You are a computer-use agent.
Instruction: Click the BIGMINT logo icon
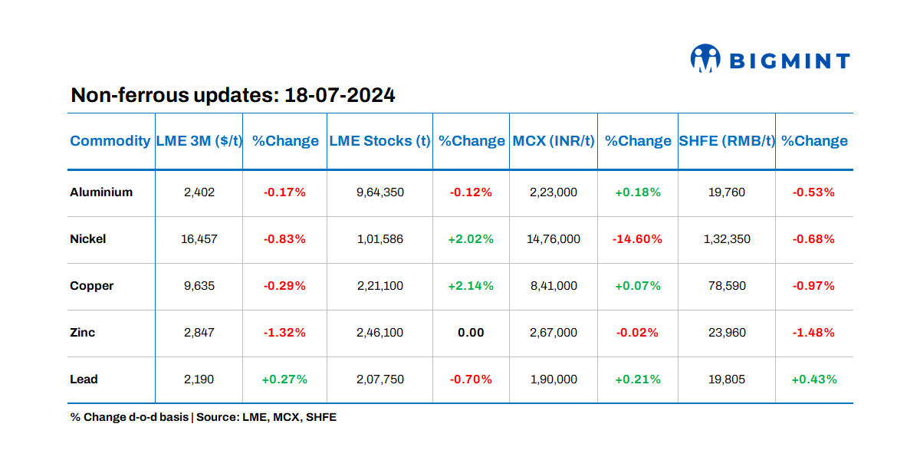705,59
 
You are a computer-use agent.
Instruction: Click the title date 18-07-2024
340,96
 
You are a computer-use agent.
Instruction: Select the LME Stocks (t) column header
379,141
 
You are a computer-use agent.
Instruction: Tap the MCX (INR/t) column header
553,141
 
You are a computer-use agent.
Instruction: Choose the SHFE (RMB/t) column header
726,141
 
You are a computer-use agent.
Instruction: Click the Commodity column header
110,141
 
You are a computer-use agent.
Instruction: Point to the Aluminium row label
101,192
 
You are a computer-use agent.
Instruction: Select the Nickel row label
88,239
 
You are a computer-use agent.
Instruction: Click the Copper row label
92,286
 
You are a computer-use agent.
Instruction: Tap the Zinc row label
83,333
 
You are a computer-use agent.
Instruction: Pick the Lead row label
84,379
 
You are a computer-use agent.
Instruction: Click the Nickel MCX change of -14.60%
637,239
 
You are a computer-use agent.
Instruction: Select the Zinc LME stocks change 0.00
471,333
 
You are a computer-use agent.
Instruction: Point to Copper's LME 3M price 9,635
199,286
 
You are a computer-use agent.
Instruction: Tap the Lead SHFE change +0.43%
813,379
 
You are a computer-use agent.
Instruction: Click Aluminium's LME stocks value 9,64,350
379,192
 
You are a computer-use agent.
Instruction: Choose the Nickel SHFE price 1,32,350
726,239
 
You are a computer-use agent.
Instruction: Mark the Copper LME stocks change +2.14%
471,286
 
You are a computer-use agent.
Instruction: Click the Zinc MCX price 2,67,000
553,333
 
